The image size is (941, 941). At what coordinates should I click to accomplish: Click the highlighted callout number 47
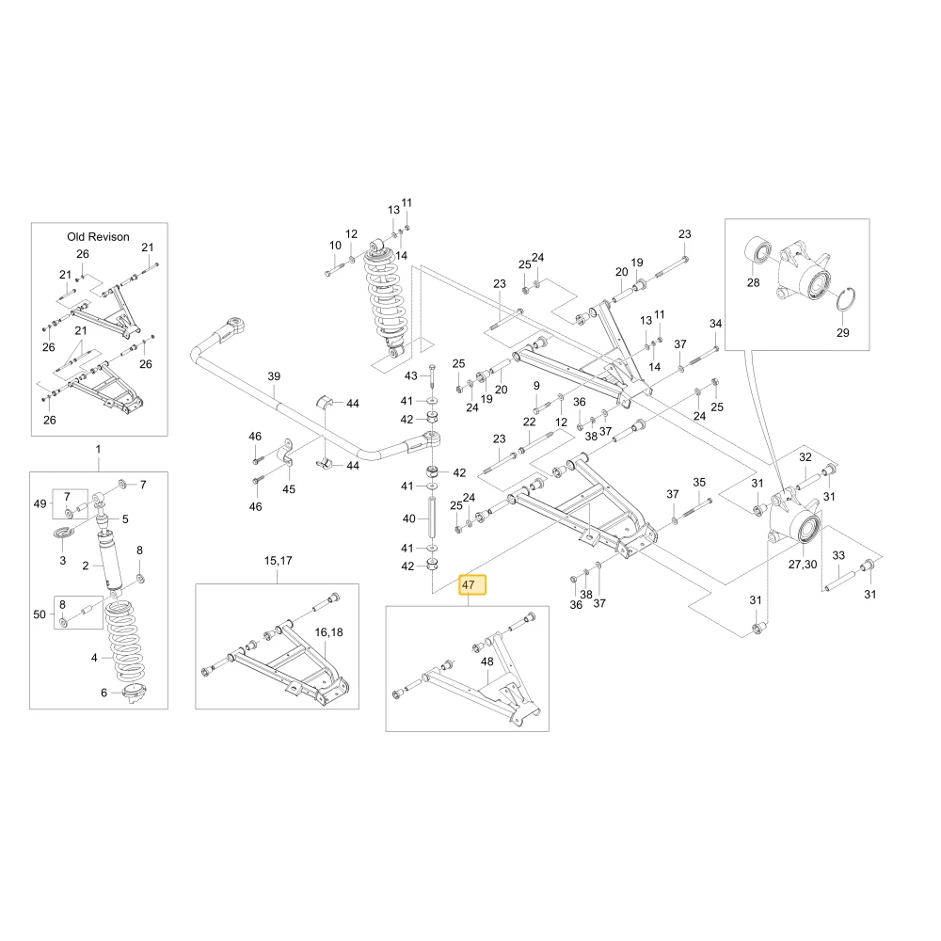[472, 584]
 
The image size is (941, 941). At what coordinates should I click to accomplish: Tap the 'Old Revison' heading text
[98, 237]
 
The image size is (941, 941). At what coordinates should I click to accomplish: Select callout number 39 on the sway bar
[274, 376]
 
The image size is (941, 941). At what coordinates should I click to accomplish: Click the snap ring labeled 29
[846, 299]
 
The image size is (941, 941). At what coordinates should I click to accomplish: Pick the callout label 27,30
[803, 564]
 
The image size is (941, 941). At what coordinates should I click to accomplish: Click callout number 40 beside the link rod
[408, 518]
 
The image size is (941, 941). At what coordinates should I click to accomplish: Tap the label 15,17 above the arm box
[278, 561]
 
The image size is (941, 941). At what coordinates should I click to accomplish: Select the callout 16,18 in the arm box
[328, 632]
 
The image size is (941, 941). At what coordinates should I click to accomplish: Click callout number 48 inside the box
[486, 662]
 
